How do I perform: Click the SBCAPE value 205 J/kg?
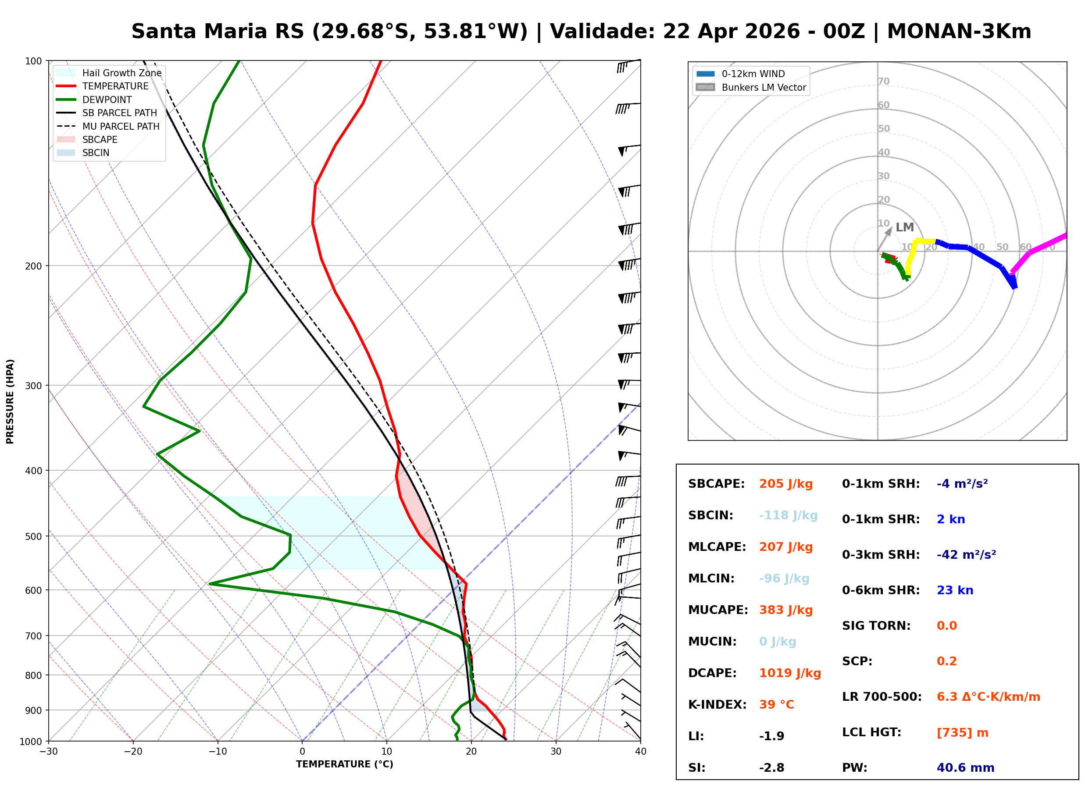click(x=786, y=484)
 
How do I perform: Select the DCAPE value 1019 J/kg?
click(x=790, y=673)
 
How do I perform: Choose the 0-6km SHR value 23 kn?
click(x=955, y=590)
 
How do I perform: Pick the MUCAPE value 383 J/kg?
click(x=786, y=610)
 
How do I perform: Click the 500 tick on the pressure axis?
click(x=33, y=536)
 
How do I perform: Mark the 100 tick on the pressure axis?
click(x=33, y=60)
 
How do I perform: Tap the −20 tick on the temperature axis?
click(x=132, y=752)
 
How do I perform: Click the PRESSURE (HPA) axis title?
click(x=10, y=401)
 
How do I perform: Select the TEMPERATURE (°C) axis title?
click(x=344, y=764)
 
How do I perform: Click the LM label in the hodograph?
click(x=904, y=227)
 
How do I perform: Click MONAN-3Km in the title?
click(x=959, y=32)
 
